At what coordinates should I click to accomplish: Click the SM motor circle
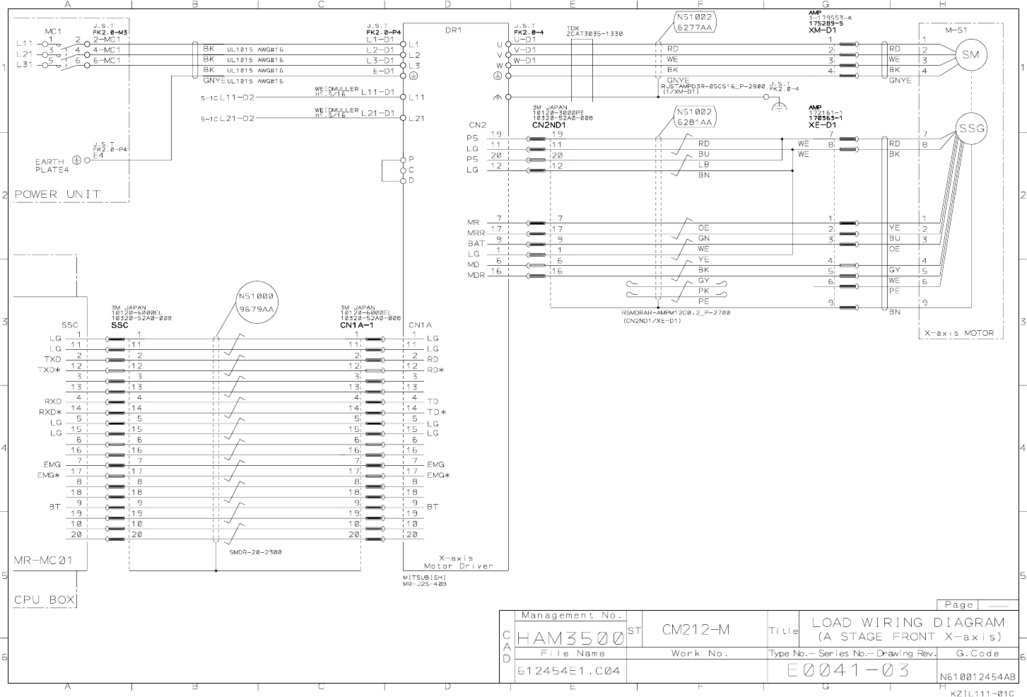tap(971, 55)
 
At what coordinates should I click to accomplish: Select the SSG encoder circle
tap(971, 129)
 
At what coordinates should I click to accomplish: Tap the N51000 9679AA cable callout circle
tap(255, 303)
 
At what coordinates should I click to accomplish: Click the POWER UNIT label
tap(57, 194)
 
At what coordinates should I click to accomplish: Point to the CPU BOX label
tap(44, 600)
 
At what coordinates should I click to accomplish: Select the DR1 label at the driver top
tap(453, 30)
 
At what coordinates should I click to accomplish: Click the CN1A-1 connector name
tap(356, 325)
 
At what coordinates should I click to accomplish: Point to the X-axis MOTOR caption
tap(959, 333)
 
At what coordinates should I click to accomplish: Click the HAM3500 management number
tap(570, 638)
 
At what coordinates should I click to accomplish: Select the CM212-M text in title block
tap(696, 629)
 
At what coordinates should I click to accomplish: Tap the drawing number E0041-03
tap(848, 670)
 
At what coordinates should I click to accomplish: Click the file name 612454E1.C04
tap(569, 671)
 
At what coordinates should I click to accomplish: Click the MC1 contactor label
tap(54, 31)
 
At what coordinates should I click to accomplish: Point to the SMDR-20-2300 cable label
tap(255, 552)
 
